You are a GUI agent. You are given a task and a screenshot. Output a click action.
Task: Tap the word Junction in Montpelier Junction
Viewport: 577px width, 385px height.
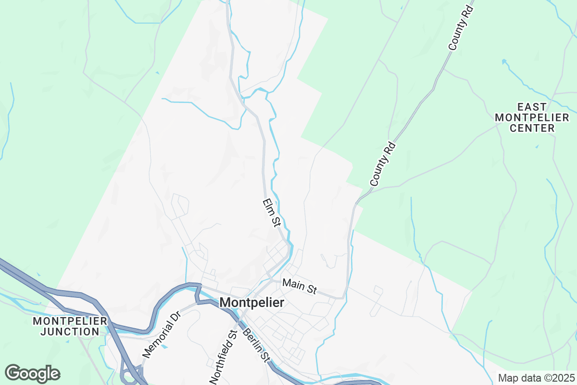[x=70, y=332]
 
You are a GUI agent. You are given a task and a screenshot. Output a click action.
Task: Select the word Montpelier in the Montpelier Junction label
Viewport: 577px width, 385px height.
[x=70, y=321]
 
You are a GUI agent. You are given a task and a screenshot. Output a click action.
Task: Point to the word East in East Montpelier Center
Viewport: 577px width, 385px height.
[x=532, y=106]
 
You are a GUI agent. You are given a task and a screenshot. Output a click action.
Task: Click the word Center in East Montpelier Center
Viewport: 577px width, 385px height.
[x=532, y=128]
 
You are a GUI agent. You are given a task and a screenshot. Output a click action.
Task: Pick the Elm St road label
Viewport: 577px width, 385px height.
[x=272, y=212]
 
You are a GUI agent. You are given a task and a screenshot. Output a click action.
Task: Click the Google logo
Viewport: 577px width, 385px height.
[x=32, y=373]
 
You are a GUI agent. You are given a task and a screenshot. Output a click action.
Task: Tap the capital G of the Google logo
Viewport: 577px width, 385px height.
[x=13, y=373]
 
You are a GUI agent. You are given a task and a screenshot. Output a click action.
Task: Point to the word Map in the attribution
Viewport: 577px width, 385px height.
[x=507, y=378]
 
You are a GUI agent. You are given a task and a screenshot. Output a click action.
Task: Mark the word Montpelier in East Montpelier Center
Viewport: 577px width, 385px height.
[x=532, y=117]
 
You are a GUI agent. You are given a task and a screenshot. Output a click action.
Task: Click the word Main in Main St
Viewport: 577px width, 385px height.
[x=294, y=284]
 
